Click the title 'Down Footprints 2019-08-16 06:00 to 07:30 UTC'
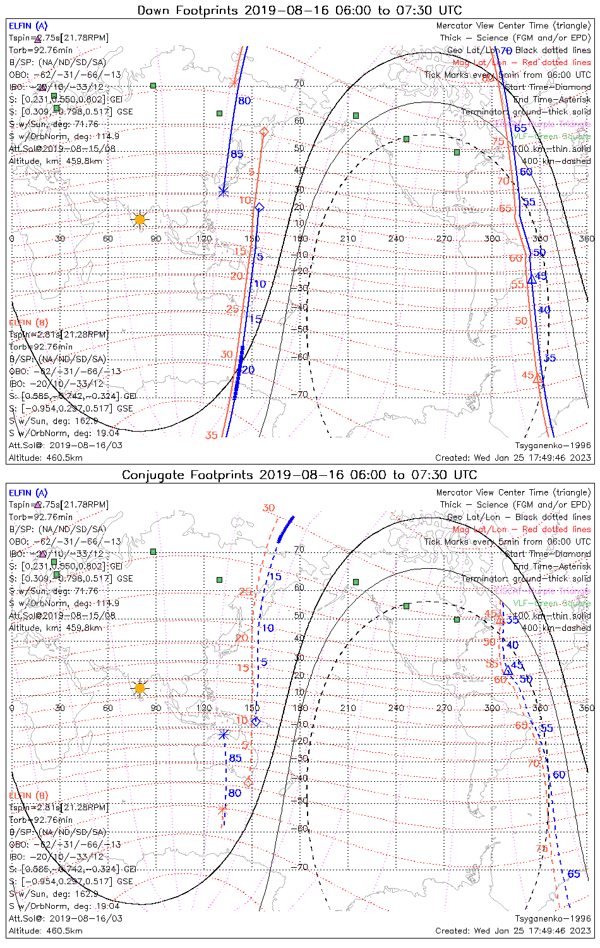tap(299, 10)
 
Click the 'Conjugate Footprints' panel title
tap(299, 475)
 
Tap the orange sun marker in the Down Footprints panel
tap(140, 220)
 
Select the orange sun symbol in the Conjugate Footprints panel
tap(140, 688)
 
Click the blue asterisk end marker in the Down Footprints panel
tap(223, 191)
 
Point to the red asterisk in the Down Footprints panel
tap(234, 82)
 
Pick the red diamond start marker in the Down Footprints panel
tap(263, 131)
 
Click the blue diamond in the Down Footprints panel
tap(259, 207)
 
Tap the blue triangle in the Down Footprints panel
tap(531, 279)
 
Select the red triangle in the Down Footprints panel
tap(537, 379)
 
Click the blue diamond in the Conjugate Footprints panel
tap(256, 721)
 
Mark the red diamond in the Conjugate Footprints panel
tap(248, 782)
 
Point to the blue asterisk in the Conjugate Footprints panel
tap(224, 734)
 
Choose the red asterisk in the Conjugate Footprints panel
tap(222, 809)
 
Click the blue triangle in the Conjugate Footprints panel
tap(508, 671)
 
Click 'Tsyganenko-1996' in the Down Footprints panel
tap(553, 446)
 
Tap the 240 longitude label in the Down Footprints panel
tap(396, 239)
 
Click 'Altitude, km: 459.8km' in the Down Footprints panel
tap(56, 161)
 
